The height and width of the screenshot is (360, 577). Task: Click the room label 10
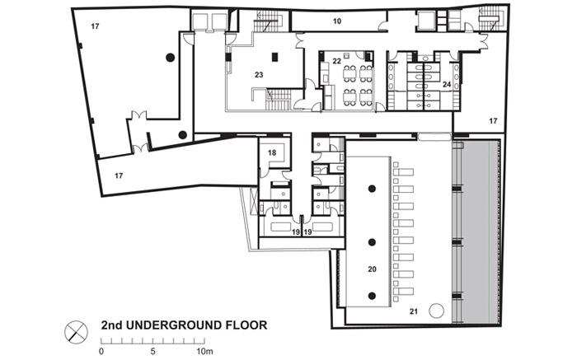coord(337,21)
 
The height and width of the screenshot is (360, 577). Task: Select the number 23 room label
coord(259,75)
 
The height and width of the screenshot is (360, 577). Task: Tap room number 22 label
coord(336,61)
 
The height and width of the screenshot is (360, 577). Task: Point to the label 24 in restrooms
coord(447,84)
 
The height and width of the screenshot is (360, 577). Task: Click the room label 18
coord(272,152)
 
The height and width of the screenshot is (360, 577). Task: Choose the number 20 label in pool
coord(372,269)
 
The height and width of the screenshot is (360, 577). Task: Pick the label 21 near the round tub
coord(414,311)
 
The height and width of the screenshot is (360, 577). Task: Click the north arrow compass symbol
coord(76,332)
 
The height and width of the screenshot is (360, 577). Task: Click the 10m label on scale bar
coord(204,351)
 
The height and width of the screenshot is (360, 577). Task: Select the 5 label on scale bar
coord(152,351)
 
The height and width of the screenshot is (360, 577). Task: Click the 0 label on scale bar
coord(101,351)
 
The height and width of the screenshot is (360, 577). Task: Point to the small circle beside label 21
coord(436,311)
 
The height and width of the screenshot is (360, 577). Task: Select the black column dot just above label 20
coord(372,242)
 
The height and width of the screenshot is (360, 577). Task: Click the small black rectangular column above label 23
coord(274,57)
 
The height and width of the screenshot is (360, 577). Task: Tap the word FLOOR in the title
coord(246,325)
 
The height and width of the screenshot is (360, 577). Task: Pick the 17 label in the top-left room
coord(95,26)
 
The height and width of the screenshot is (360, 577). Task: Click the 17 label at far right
coord(493,120)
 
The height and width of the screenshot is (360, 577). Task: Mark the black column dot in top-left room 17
coord(170,58)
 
